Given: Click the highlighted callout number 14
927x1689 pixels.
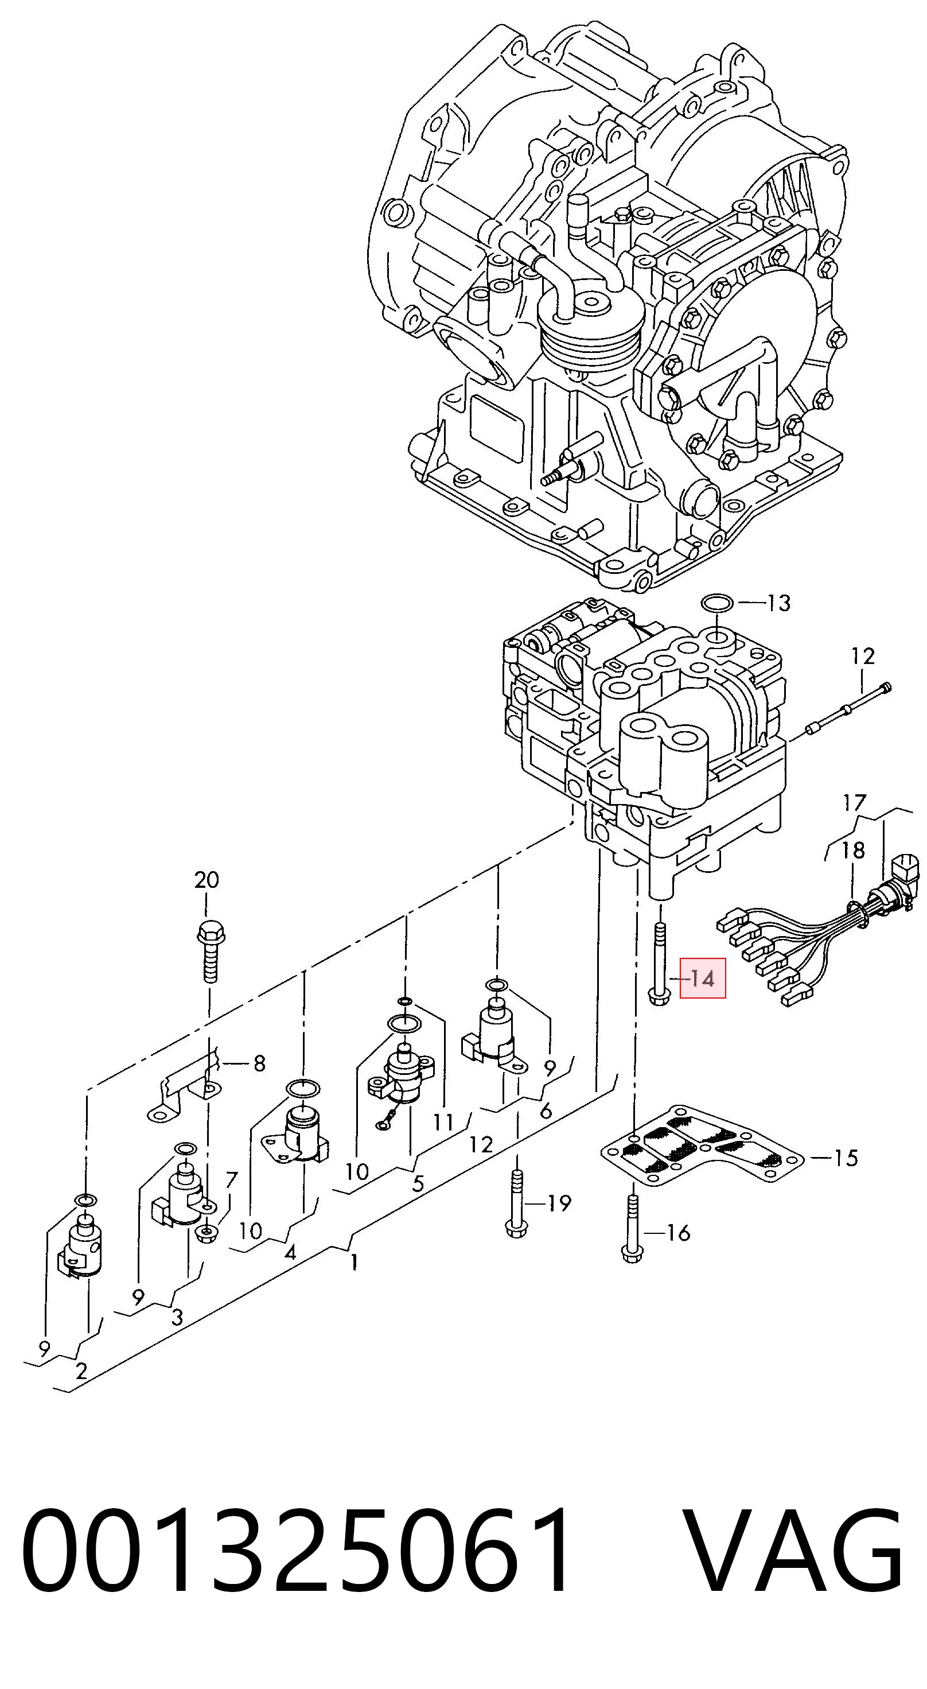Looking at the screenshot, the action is click(x=702, y=980).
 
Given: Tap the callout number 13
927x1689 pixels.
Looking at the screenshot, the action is click(x=779, y=603).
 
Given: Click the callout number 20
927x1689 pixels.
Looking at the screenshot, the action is click(x=207, y=880).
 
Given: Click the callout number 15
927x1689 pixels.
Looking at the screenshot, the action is click(x=846, y=1158).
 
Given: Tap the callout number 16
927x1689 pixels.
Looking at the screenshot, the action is click(x=678, y=1233).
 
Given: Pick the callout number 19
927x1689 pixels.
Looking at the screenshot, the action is click(x=559, y=1202).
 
